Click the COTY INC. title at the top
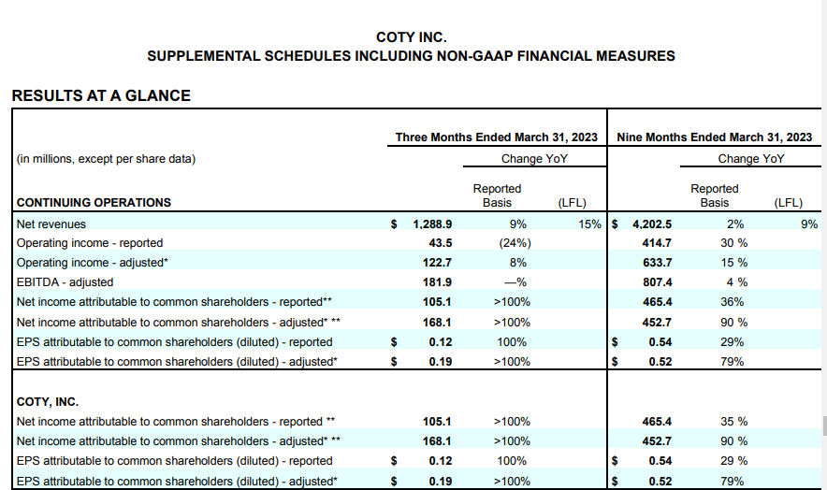[412, 37]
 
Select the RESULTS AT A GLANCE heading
[101, 95]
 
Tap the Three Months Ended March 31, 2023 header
[497, 137]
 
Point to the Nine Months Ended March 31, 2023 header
[715, 137]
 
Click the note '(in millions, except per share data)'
[107, 159]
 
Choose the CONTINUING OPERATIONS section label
[94, 202]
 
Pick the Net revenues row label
[51, 224]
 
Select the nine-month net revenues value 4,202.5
[652, 224]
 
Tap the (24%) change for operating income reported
[510, 243]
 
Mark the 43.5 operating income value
[440, 243]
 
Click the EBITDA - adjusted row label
[65, 282]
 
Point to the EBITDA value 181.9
[437, 282]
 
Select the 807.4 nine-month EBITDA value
[656, 282]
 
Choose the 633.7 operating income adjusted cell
[656, 263]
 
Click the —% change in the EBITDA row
[510, 282]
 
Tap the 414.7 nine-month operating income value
[656, 243]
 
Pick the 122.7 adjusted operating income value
[437, 263]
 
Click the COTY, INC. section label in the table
[49, 402]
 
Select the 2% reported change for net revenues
[734, 224]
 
